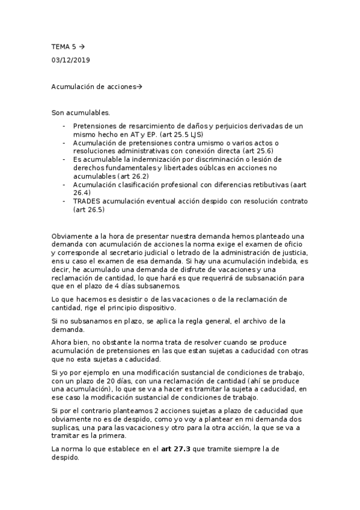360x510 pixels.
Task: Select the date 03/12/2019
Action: click(x=72, y=60)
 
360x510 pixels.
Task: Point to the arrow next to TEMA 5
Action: click(x=82, y=46)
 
